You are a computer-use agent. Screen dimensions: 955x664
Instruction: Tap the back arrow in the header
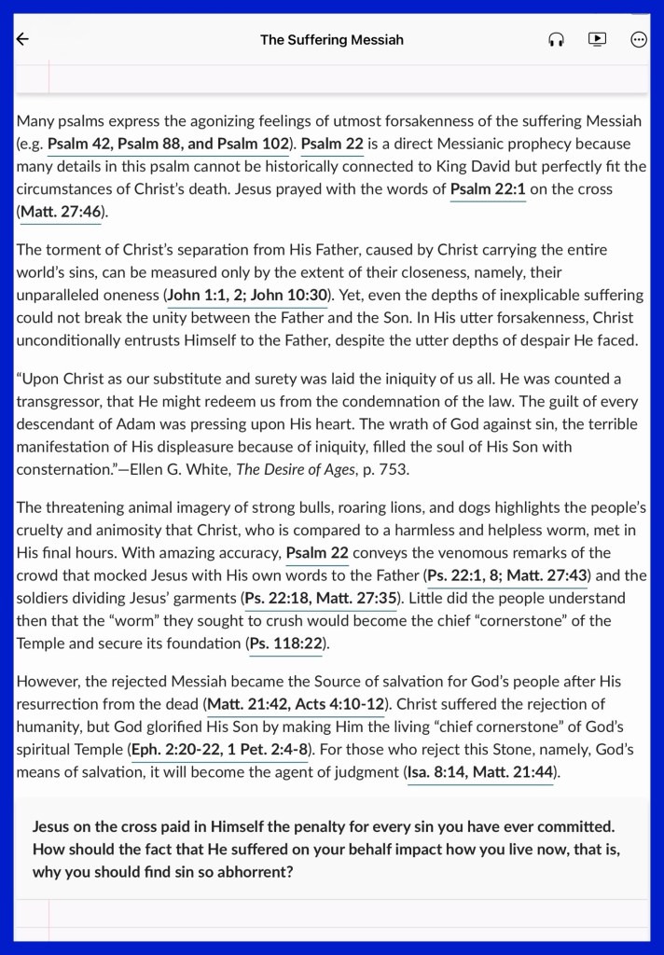pos(23,39)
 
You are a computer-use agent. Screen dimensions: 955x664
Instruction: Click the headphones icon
pos(557,39)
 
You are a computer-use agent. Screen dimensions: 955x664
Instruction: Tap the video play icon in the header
pos(598,39)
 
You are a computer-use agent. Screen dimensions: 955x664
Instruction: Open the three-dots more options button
pos(639,39)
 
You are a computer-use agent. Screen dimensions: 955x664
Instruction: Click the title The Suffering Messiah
pos(331,39)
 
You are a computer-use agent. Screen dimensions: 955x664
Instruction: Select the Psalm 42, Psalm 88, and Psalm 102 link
pos(168,145)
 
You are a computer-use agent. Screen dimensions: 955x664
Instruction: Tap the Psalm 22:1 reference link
pos(488,189)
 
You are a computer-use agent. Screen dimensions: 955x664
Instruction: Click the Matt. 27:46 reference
pos(61,212)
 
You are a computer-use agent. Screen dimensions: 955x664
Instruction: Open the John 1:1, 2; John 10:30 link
pos(247,295)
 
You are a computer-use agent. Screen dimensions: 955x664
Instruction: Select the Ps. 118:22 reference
pos(288,643)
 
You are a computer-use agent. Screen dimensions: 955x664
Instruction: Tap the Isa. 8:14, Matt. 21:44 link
pos(481,771)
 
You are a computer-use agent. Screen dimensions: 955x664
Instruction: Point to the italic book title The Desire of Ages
pos(296,469)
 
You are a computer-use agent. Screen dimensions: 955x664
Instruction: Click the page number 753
pos(394,469)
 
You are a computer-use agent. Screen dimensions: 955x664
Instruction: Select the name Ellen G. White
pos(174,469)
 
